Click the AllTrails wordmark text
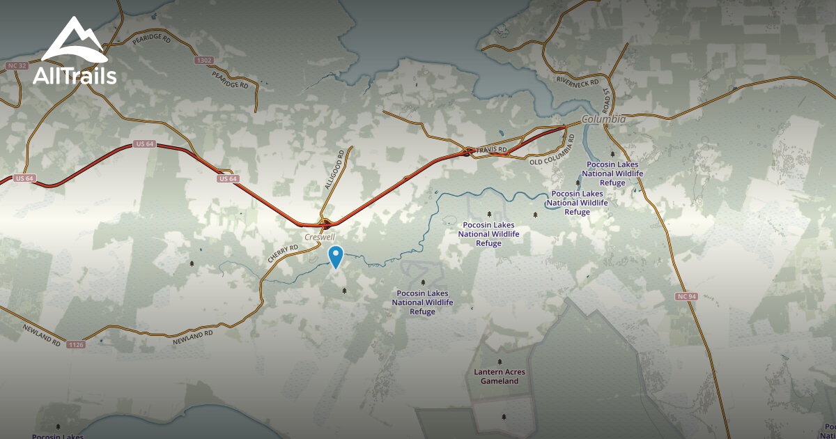coord(75,76)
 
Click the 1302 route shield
coord(203,61)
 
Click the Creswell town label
coord(320,238)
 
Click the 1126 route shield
coord(75,344)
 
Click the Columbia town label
coord(603,119)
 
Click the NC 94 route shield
coord(686,297)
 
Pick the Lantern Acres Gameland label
coord(500,376)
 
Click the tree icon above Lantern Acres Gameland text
coord(500,362)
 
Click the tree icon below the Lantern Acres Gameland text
coord(504,417)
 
